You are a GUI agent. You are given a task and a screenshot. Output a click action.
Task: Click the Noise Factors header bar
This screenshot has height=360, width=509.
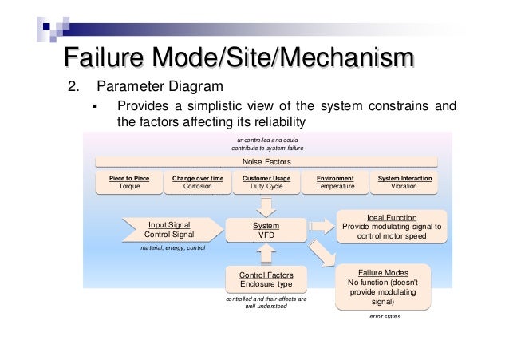click(266, 162)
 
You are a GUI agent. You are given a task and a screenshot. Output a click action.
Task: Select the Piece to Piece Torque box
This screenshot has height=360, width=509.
click(129, 183)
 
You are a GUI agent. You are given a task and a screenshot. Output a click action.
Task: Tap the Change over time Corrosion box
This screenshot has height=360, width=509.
click(198, 183)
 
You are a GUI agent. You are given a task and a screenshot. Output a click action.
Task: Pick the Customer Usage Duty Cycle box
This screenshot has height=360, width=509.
click(266, 183)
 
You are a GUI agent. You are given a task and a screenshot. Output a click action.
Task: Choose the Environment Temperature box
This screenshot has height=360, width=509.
click(335, 183)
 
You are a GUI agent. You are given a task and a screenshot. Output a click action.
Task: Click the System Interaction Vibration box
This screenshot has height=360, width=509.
click(404, 183)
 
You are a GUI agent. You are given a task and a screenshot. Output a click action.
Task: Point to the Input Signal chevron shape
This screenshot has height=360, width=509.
click(172, 230)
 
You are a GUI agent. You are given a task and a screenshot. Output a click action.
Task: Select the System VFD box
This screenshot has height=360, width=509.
click(266, 230)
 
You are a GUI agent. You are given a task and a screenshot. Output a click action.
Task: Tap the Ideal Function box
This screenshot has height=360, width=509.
click(392, 227)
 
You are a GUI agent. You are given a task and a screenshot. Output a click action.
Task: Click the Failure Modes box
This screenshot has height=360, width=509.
click(383, 287)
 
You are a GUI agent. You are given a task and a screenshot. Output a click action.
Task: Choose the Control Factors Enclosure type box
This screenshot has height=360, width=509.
click(266, 279)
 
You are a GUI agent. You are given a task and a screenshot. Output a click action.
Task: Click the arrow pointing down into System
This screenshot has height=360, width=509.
click(266, 208)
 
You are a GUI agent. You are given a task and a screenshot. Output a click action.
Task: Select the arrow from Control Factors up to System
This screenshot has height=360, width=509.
click(266, 254)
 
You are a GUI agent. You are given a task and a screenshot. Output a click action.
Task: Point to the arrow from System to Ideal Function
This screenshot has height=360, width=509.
click(322, 227)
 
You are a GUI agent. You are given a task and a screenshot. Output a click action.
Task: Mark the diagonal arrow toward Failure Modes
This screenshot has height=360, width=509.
click(322, 254)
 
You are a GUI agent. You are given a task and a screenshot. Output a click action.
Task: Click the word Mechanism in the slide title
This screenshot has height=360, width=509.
click(347, 57)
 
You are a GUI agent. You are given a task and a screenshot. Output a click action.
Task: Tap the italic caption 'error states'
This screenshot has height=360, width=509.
click(385, 316)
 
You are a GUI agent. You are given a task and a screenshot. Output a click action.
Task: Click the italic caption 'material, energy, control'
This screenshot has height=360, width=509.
click(172, 248)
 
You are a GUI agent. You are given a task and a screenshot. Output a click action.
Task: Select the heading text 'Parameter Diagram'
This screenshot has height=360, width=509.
click(160, 86)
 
